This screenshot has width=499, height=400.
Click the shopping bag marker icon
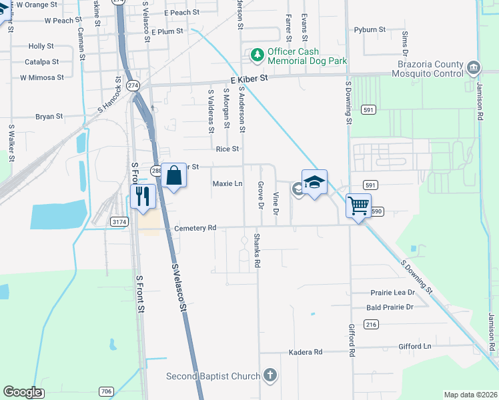pos(173,177)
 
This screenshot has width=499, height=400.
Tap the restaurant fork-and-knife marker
pos(141,197)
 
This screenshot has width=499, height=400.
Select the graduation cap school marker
pos(314,182)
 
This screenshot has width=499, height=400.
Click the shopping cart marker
pos(359,206)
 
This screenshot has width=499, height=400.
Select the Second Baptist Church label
pos(213,376)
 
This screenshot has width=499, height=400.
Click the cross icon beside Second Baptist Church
pos(270,376)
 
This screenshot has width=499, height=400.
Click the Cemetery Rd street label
pos(195,228)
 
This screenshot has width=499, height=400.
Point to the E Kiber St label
pos(248,79)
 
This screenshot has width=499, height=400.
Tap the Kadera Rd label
pos(305,352)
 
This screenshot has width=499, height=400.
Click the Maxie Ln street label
pos(227,183)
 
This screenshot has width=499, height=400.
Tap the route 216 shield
pos(372,324)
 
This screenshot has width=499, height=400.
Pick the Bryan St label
pos(49,116)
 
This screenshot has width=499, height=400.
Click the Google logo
pos(23,393)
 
